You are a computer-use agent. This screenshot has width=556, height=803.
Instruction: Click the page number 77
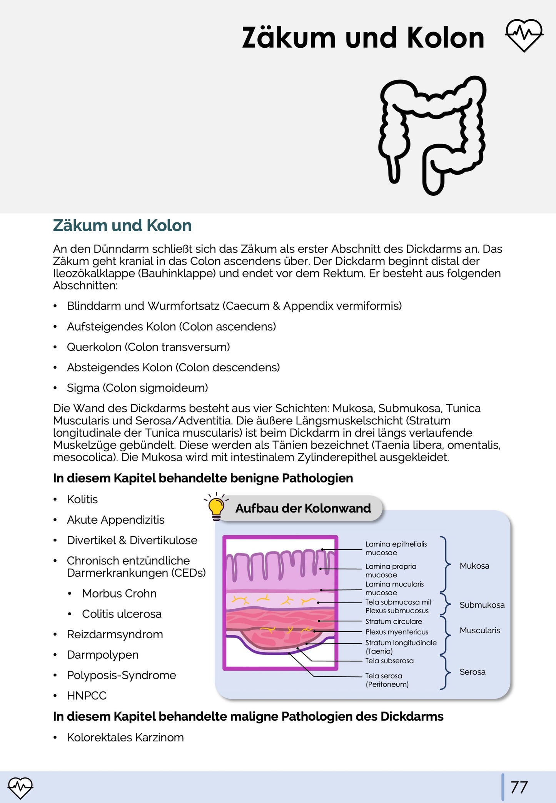coord(519,787)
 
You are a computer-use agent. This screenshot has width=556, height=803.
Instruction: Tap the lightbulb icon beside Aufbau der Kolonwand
coord(216,507)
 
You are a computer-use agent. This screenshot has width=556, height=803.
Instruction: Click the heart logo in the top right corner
coord(524,35)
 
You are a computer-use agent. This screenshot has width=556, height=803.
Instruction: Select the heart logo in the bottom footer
coord(20,787)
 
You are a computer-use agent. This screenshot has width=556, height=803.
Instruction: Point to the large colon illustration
coord(432,135)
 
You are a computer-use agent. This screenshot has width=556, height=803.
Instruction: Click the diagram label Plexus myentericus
coord(396,632)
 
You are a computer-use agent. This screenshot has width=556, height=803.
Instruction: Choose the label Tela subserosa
coord(389,661)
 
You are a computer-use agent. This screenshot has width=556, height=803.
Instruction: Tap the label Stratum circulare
coord(393,621)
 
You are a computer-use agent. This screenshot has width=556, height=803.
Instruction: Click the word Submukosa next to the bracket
coord(482,605)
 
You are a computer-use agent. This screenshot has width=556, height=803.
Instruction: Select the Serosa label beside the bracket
coord(472,672)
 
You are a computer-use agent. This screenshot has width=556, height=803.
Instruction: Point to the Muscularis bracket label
coord(480,630)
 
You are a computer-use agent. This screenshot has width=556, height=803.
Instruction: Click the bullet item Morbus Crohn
coord(119,593)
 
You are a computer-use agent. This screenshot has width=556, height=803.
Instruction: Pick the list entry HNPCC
coord(87,695)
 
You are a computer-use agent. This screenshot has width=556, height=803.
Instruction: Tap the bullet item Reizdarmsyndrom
coord(115,634)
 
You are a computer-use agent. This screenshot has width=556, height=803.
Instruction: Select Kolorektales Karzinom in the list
coord(125,737)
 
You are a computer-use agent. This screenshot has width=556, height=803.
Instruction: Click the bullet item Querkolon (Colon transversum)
coord(148,347)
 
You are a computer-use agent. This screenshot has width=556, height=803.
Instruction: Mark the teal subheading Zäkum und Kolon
coord(122,225)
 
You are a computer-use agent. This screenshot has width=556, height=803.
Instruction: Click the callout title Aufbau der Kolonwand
coord(303,508)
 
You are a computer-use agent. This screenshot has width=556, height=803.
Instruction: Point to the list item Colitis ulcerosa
coord(122,614)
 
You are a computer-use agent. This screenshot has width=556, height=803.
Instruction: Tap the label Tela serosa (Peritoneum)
coord(387,680)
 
